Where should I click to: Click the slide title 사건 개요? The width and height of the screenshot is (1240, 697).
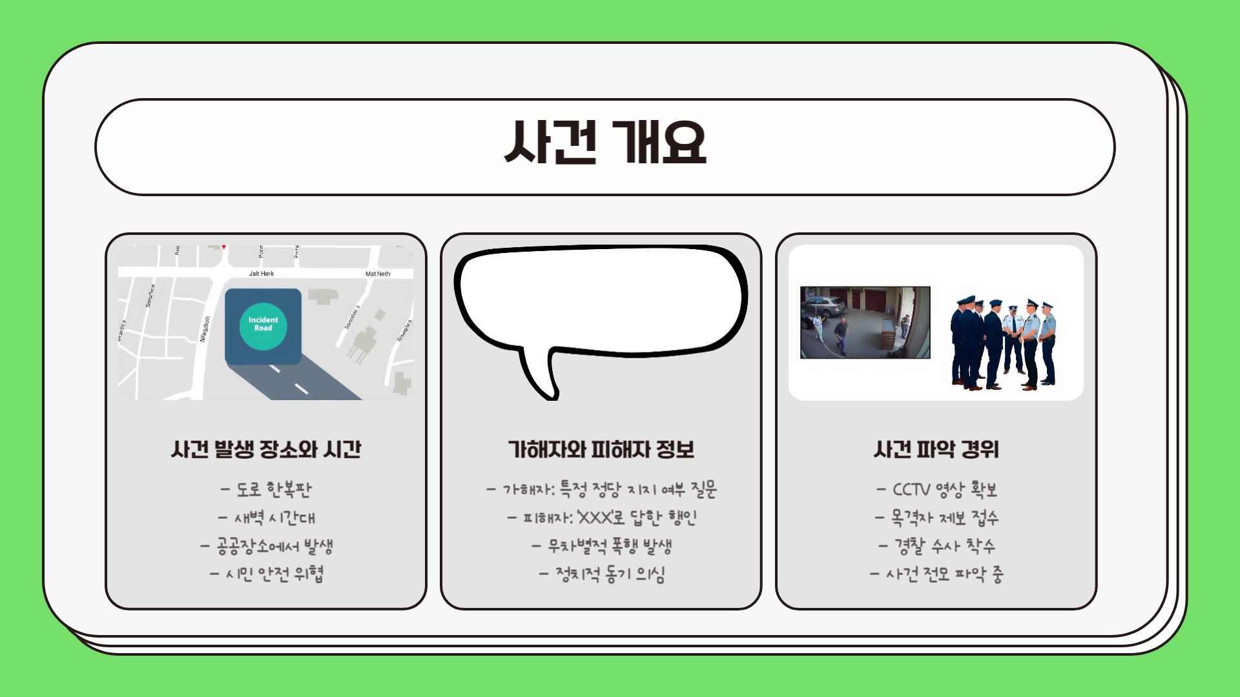click(x=605, y=143)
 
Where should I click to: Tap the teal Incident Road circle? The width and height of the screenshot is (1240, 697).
click(x=263, y=327)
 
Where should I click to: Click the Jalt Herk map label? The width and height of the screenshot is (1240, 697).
click(x=262, y=274)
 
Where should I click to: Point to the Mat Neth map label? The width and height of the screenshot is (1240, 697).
click(x=378, y=274)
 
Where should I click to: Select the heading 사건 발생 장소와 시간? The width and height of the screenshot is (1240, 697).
click(x=266, y=450)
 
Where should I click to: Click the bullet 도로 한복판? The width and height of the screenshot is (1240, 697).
click(x=266, y=490)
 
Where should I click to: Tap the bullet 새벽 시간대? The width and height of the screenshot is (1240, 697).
click(x=266, y=518)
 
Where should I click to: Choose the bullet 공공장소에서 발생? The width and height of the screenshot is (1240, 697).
click(x=266, y=547)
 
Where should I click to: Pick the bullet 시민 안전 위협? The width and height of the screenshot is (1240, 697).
click(x=266, y=574)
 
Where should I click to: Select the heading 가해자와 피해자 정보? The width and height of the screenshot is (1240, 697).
click(x=601, y=450)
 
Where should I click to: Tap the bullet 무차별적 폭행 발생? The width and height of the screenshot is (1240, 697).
click(x=601, y=547)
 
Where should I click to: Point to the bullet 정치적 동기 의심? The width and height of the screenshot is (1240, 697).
click(x=601, y=574)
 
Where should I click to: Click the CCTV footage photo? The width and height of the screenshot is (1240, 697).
click(x=865, y=323)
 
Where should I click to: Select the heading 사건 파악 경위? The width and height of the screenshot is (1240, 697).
click(x=936, y=450)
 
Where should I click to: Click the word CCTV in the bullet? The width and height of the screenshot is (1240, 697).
click(x=911, y=490)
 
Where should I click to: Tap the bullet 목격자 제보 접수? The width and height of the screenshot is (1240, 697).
click(x=936, y=518)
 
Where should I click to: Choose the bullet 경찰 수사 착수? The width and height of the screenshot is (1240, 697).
click(x=936, y=547)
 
